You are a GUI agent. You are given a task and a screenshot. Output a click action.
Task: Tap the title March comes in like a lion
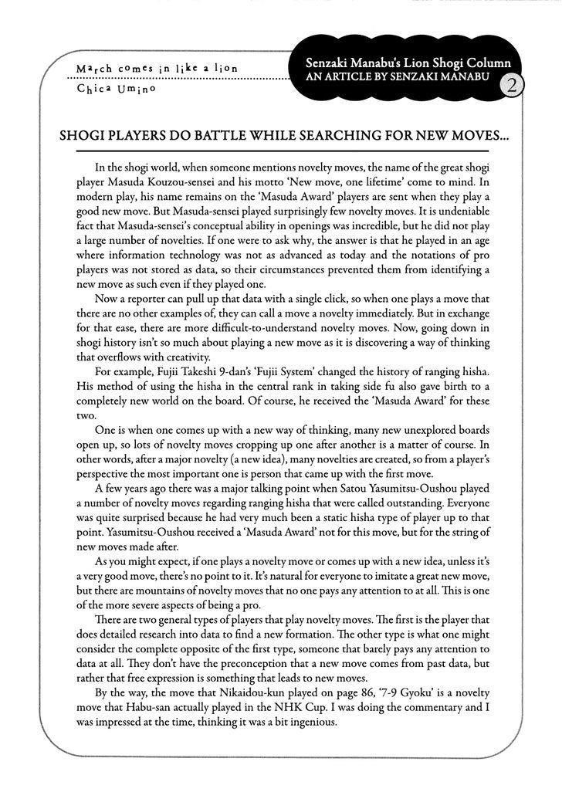(x=157, y=69)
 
